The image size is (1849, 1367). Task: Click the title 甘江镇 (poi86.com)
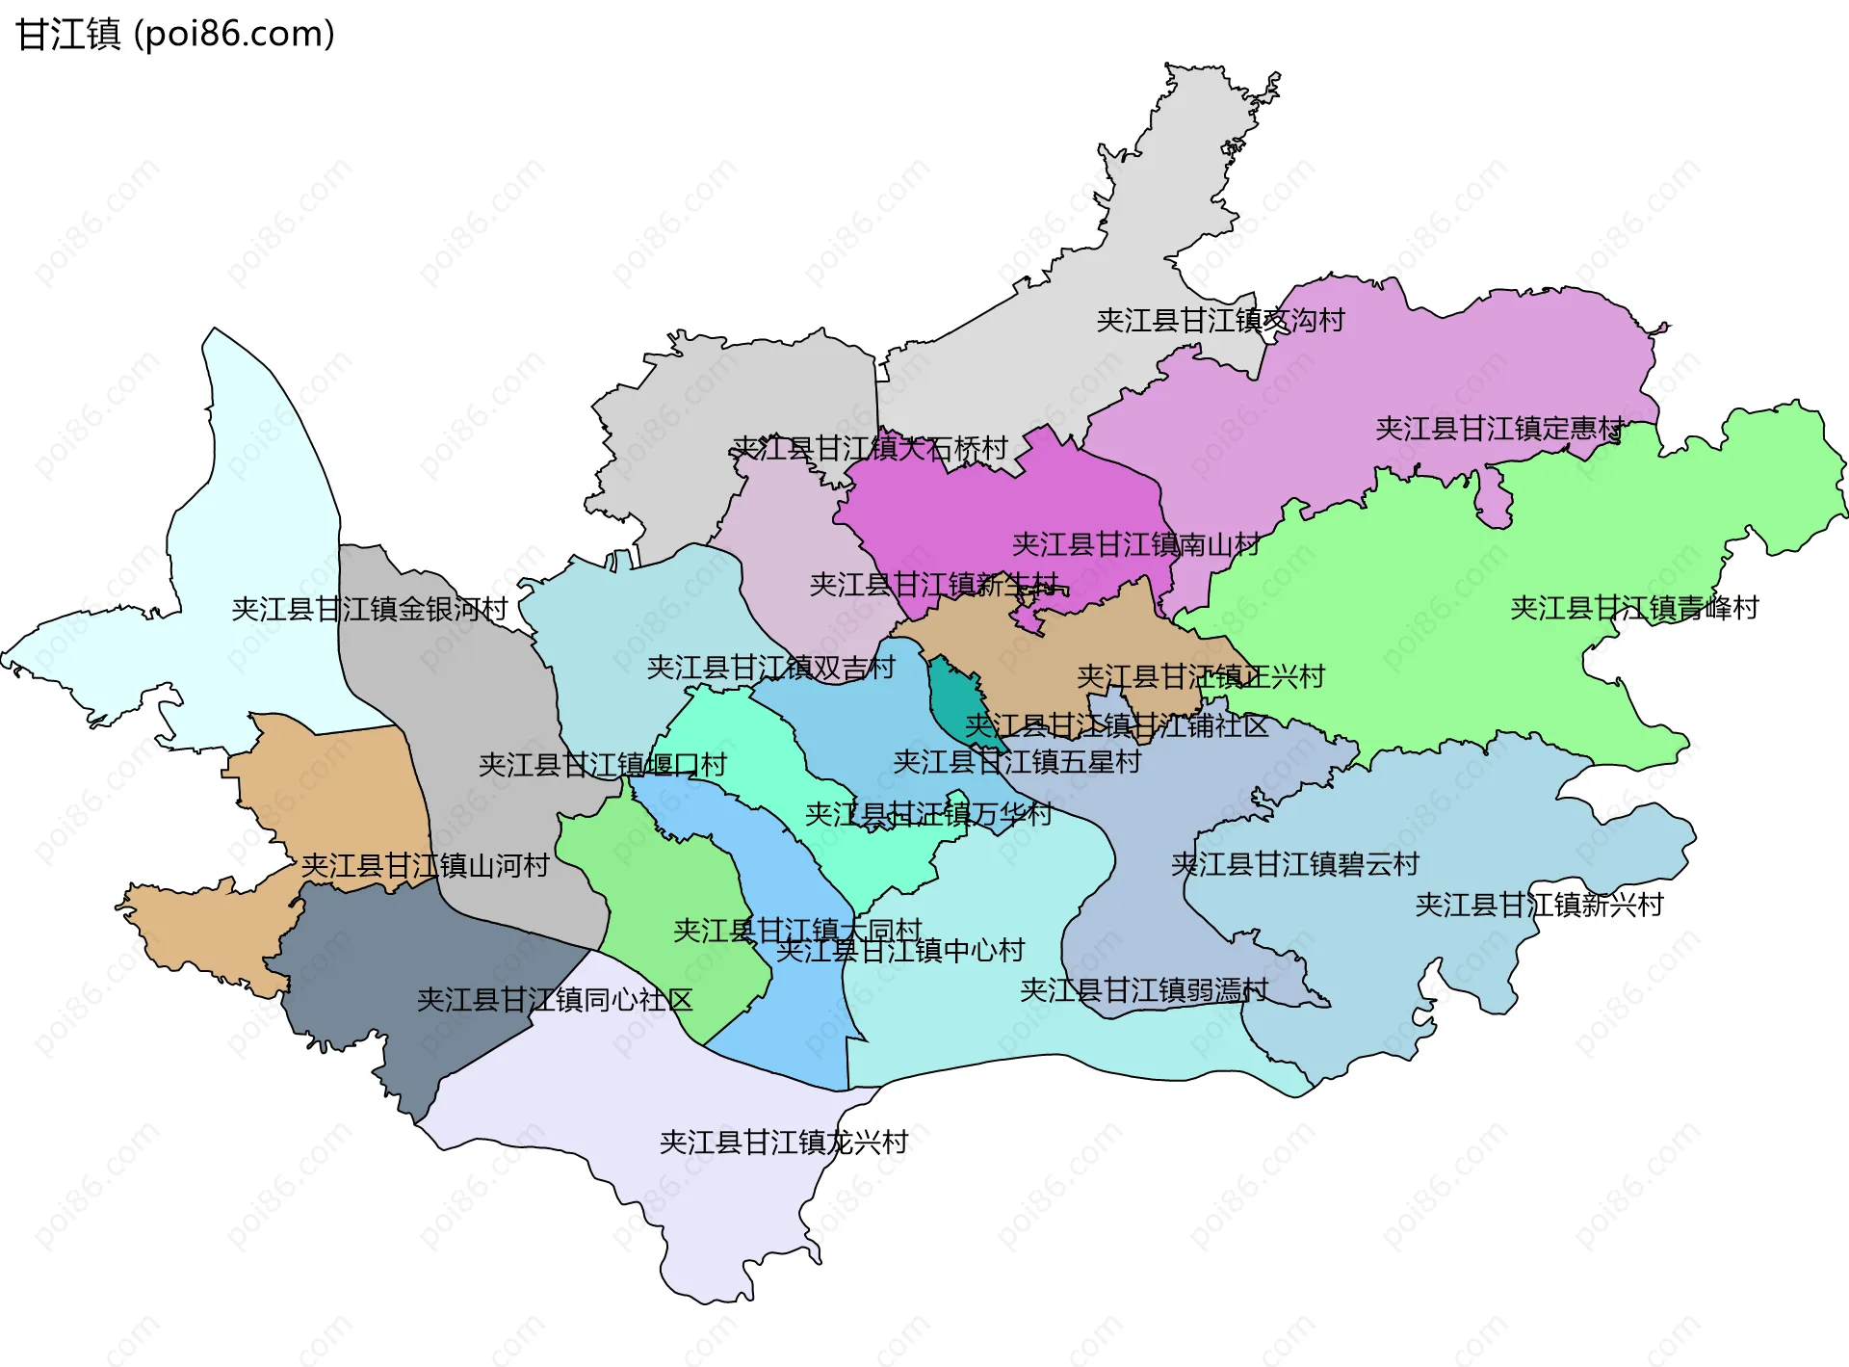pos(175,34)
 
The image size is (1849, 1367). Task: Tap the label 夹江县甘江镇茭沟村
pos(1220,320)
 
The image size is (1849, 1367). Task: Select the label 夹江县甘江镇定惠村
pos(1499,428)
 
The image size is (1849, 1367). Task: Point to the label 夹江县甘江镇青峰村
pos(1634,608)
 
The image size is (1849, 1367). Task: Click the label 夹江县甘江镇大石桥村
pos(870,448)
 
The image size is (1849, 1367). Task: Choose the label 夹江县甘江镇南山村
pos(1135,544)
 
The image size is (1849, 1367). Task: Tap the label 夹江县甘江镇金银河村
pos(370,609)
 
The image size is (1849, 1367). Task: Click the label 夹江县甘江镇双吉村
pos(770,668)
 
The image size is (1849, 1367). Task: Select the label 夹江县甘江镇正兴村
pos(1200,676)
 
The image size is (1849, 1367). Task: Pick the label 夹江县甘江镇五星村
pos(1017,762)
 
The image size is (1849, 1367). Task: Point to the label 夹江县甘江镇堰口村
pos(602,765)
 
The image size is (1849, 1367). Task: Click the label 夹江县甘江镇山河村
pos(425,866)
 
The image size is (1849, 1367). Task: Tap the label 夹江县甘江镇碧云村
pos(1294,864)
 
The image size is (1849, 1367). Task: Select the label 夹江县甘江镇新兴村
pos(1539,905)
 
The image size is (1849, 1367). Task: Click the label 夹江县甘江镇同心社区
pos(555,1000)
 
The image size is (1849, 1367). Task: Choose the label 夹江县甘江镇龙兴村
pos(783,1143)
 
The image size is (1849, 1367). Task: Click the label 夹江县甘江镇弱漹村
pos(1143,989)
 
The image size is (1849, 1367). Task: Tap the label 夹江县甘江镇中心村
pos(900,951)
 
